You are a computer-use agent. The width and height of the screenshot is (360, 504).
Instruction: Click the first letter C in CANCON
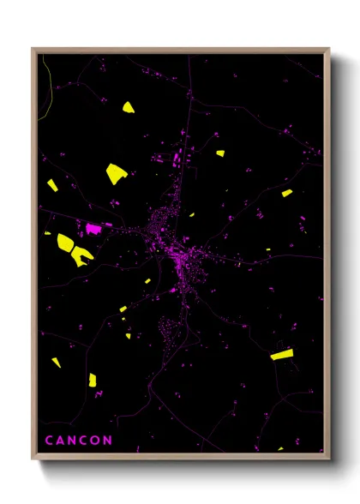coord(49,441)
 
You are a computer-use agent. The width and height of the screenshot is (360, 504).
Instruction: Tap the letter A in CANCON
coord(61,441)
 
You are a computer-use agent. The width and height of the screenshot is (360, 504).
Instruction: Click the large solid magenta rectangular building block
coord(93,229)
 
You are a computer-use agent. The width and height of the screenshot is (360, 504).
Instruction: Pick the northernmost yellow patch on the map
coord(128,108)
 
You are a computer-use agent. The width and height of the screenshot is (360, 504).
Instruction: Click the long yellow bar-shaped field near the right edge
coord(281,352)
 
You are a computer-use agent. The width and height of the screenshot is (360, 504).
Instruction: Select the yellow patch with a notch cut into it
coord(82,255)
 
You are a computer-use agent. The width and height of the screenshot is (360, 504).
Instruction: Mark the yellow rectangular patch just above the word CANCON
coord(92,379)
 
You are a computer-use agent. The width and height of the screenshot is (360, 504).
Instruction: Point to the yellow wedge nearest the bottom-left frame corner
coord(57,362)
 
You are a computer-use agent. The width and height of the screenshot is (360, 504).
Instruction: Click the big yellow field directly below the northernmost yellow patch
coord(116,173)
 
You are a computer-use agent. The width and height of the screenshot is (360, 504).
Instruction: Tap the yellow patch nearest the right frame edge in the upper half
coord(286,193)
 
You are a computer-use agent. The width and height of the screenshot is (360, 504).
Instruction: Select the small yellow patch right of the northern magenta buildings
coord(219,153)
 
